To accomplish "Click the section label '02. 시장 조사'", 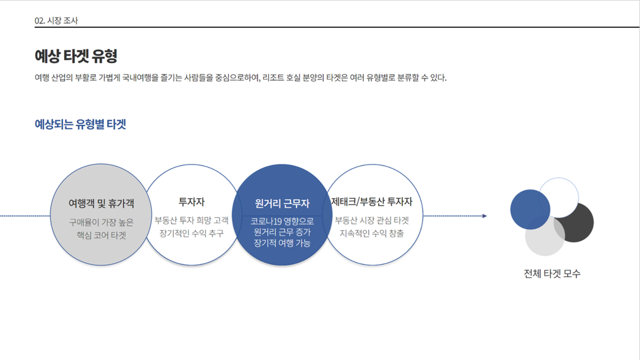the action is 56,21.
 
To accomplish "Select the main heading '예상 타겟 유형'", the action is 76,56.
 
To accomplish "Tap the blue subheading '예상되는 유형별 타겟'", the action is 80,124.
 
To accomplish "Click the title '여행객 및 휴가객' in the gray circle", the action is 101,203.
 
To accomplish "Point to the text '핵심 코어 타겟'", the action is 101,235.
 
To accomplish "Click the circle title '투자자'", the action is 192,202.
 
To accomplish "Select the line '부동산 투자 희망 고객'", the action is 192,220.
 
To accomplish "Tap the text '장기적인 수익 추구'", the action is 192,233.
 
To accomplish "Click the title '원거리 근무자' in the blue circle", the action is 282,203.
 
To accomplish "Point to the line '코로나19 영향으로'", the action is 282,221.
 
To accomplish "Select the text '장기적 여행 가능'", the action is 282,243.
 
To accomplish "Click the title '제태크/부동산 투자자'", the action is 372,202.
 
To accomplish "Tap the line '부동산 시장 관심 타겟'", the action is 372,220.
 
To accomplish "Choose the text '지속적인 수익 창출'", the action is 372,233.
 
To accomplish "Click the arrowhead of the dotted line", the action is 485,216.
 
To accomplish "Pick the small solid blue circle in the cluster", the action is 530,209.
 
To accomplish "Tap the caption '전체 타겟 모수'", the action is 552,274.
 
